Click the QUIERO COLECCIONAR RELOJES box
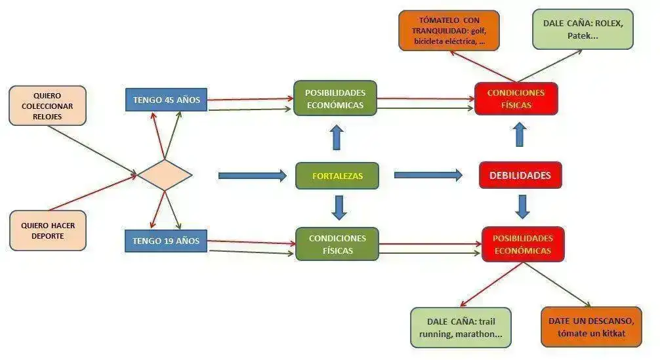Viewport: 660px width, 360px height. click(47, 105)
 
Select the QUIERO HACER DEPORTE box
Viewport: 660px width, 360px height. click(47, 230)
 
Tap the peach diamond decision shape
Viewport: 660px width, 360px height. click(165, 175)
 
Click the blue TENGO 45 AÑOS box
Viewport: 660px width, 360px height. click(166, 100)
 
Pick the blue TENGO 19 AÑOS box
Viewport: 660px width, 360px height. click(165, 241)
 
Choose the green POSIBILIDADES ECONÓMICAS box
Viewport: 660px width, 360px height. click(335, 98)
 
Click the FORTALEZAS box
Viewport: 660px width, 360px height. click(337, 176)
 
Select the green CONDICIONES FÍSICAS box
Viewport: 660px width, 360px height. click(337, 244)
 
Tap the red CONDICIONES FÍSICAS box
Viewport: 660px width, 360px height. click(516, 99)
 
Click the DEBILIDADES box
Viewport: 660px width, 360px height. click(520, 175)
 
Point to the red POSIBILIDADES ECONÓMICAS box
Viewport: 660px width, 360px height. click(522, 243)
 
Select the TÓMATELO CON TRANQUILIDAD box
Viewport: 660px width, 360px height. click(449, 30)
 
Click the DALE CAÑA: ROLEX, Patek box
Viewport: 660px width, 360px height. click(583, 29)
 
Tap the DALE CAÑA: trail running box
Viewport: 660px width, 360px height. click(461, 327)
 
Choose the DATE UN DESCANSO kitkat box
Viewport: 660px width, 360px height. click(591, 327)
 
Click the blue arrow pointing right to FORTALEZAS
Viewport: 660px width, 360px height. click(252, 176)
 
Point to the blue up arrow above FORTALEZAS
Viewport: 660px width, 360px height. click(337, 137)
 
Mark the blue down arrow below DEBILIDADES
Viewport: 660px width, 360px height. click(522, 206)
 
